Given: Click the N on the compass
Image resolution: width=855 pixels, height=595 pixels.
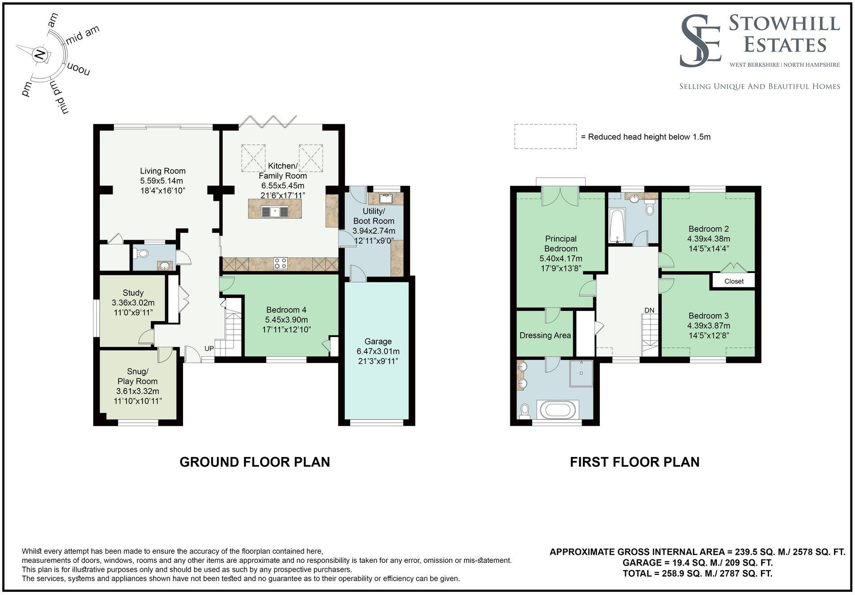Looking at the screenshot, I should tap(40, 55).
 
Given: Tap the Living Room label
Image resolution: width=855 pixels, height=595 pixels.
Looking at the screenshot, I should tap(163, 171).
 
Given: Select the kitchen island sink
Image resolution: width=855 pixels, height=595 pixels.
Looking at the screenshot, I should tap(275, 212).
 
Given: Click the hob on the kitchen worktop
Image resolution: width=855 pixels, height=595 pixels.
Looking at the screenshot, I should tap(281, 263).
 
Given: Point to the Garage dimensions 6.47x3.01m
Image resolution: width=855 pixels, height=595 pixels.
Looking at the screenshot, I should tap(378, 351).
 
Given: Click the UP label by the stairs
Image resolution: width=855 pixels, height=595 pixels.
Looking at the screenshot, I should tap(209, 349).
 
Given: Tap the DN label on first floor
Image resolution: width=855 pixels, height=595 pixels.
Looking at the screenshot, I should tap(649, 310).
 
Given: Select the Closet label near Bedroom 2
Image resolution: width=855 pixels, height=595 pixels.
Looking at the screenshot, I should tap(733, 281).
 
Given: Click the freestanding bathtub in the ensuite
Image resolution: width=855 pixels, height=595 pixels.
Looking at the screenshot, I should tap(558, 409).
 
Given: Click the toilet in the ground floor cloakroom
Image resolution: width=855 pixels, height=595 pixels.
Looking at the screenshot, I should tap(142, 254).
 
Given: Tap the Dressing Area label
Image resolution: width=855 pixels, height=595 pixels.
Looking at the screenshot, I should tap(545, 335).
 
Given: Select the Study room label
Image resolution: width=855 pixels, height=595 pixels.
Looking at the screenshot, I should tap(133, 293).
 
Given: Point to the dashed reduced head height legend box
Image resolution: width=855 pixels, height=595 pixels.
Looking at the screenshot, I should tap(545, 136).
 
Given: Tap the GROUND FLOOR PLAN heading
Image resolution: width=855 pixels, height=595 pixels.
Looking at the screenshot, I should tap(255, 462).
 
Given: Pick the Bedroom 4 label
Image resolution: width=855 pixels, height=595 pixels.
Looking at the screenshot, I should tap(286, 310).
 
